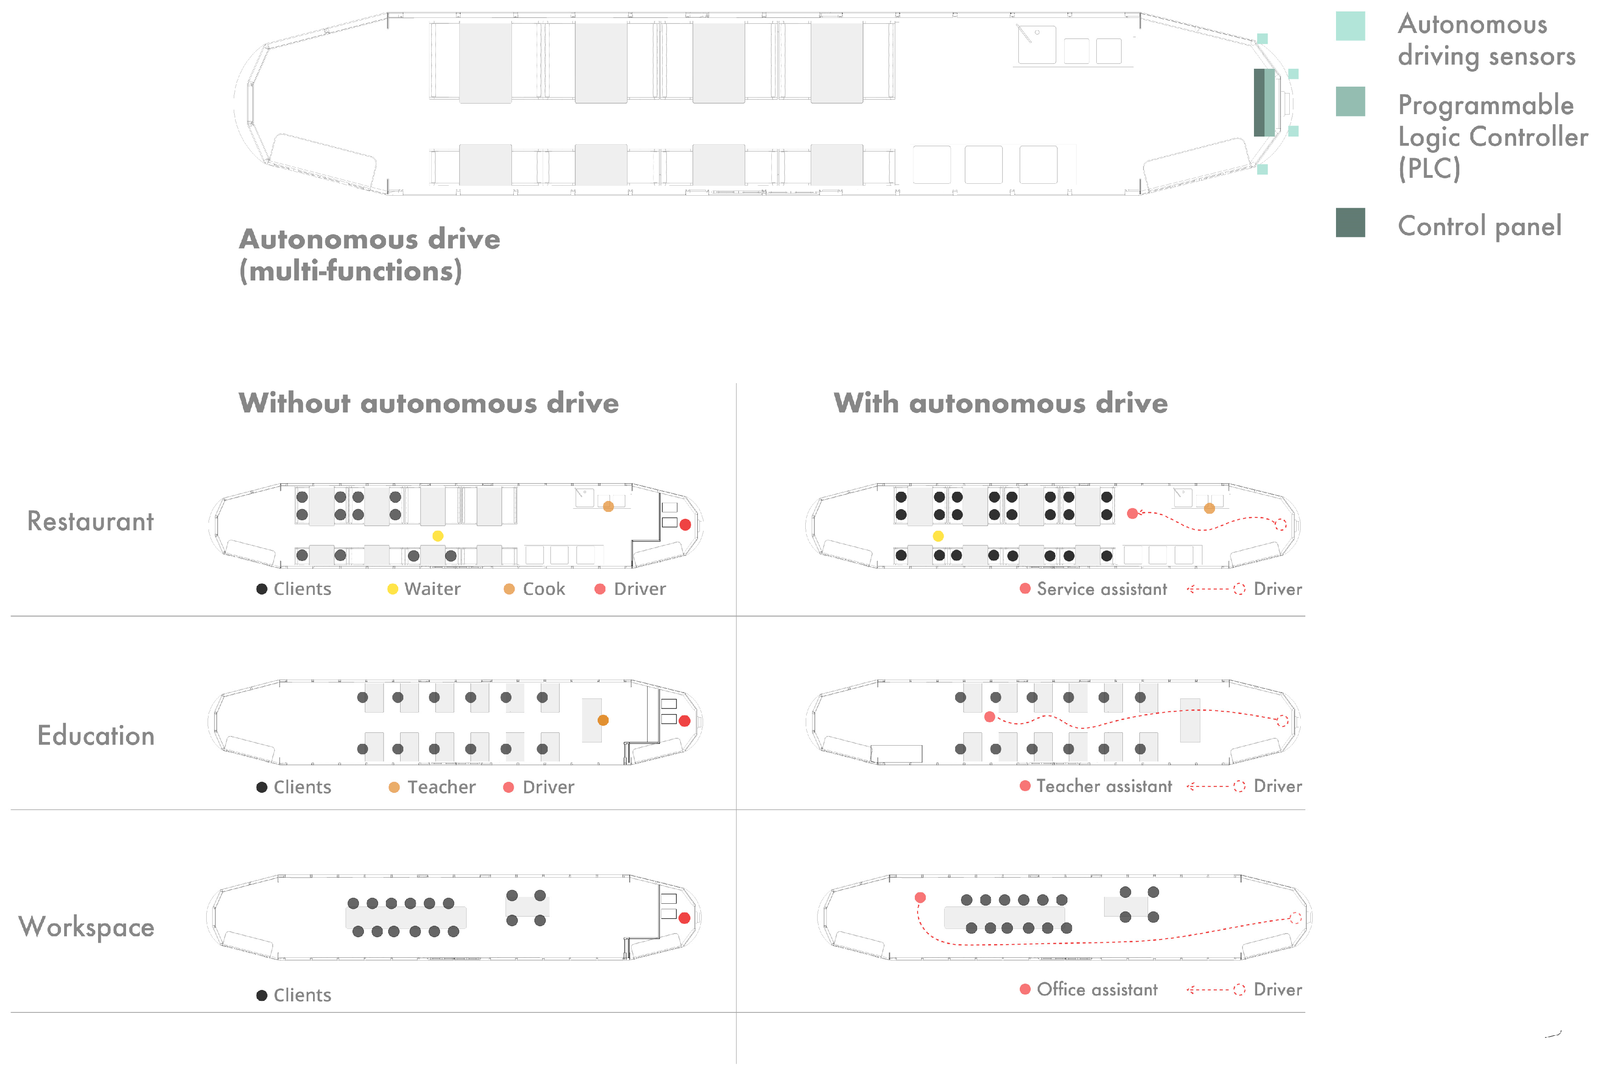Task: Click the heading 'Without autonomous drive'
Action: pos(429,403)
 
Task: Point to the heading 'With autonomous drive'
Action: pos(1000,403)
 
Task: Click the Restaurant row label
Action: pos(90,522)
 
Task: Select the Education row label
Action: pos(95,736)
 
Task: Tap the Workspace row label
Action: pos(87,927)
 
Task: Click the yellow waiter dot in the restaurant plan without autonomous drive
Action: pos(437,536)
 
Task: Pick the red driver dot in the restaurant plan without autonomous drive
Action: pos(685,525)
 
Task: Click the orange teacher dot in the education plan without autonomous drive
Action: pos(603,720)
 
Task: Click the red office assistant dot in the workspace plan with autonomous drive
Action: pos(920,898)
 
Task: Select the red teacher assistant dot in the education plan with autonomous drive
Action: pos(989,717)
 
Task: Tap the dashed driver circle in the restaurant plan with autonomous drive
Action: pos(1280,525)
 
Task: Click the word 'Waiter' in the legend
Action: pos(432,589)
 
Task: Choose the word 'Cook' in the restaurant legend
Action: pos(543,589)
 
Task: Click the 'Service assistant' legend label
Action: pos(1101,589)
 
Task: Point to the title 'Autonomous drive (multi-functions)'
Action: pos(369,255)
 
